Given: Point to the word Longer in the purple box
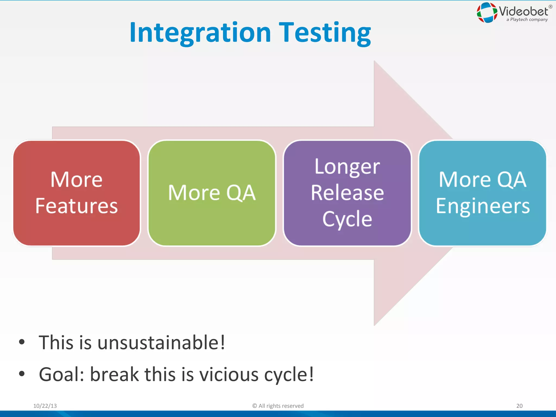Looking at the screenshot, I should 347,167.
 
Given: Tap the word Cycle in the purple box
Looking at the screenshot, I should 347,219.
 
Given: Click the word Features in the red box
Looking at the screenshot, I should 77,206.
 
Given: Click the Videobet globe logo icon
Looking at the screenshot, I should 487,12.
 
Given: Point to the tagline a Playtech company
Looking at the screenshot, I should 527,20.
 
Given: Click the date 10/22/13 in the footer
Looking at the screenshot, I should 45,406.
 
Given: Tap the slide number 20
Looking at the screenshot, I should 519,406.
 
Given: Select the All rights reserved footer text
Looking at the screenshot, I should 278,406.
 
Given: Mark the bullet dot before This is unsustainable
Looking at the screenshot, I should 22,342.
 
